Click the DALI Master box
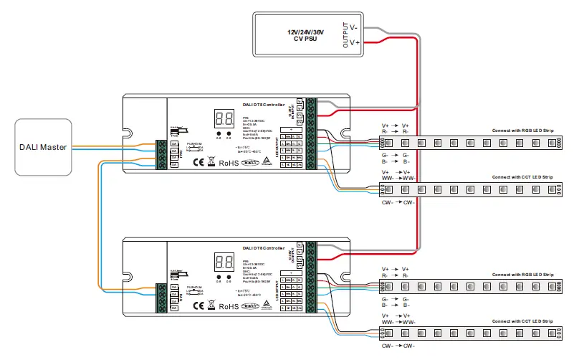coord(43,147)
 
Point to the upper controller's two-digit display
coord(223,118)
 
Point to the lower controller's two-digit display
coord(223,262)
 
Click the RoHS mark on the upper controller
coord(229,163)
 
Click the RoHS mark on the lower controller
coord(229,306)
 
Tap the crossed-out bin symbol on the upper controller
coord(210,163)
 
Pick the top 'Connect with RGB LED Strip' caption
coord(522,131)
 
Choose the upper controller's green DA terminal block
coord(162,154)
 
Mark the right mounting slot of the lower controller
coord(345,278)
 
